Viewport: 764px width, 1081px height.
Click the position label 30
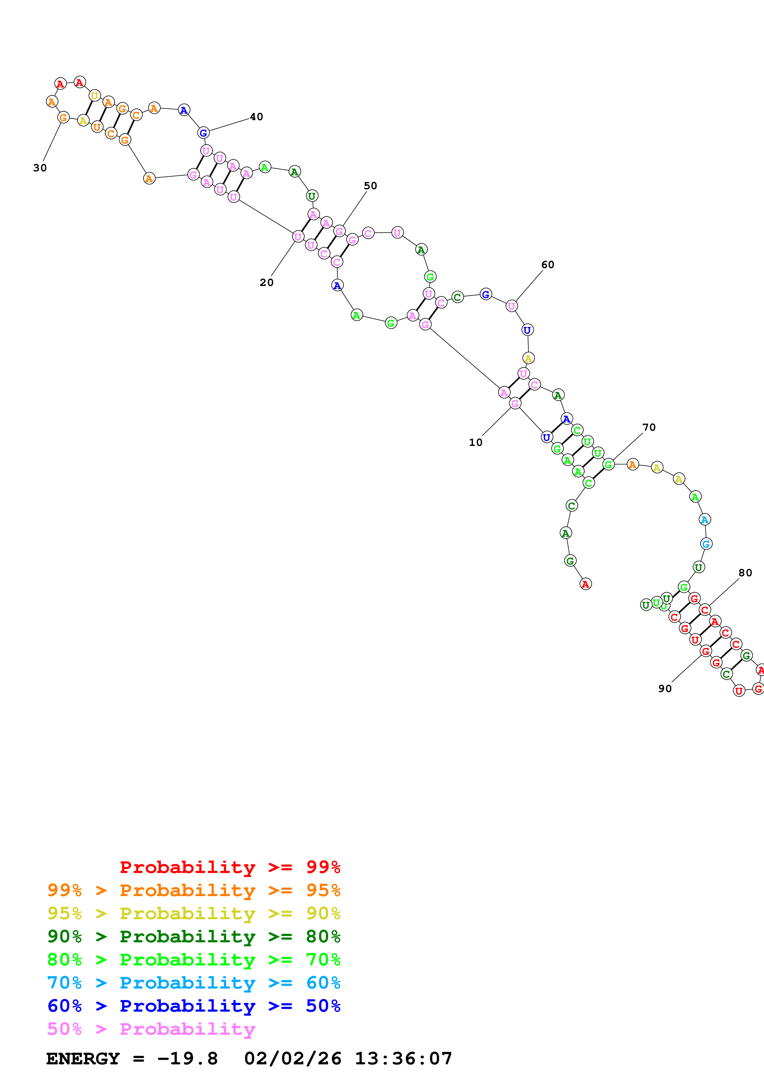click(x=40, y=168)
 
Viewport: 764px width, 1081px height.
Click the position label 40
click(x=256, y=117)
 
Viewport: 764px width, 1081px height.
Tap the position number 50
click(x=370, y=186)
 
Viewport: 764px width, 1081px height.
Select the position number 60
click(x=547, y=265)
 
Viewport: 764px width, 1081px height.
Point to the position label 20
click(x=267, y=283)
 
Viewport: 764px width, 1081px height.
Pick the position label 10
click(x=476, y=443)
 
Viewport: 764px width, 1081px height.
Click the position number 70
click(x=649, y=427)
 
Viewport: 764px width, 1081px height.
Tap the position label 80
click(x=745, y=573)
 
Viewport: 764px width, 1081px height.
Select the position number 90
click(x=665, y=689)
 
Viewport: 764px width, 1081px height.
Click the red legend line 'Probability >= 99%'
click(x=230, y=867)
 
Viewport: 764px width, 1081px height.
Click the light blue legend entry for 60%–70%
click(x=194, y=983)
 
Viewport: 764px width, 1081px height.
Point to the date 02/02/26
click(x=292, y=1059)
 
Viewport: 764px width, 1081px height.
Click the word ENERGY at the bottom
click(x=83, y=1059)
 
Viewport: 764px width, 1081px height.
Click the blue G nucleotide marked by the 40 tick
click(x=203, y=133)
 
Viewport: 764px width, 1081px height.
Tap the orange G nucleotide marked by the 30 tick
click(x=63, y=117)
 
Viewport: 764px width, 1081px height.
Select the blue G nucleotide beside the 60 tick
click(x=486, y=294)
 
